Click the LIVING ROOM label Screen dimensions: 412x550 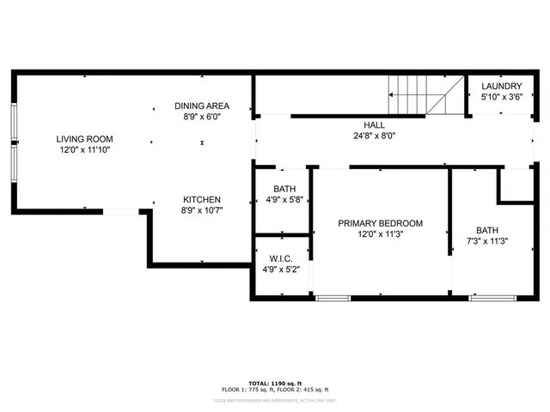84,138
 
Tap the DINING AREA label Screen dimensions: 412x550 202,106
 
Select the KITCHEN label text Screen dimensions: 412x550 202,199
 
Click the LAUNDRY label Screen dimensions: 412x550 501,87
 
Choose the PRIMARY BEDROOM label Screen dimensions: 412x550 380,223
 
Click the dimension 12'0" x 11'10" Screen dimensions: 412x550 84,149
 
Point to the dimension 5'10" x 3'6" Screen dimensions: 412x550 501,97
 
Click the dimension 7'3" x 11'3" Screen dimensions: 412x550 487,241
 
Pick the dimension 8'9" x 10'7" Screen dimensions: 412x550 202,210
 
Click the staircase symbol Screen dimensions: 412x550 426,95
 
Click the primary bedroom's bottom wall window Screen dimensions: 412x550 333,298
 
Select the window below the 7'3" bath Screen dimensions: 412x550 492,298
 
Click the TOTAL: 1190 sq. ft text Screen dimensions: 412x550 275,383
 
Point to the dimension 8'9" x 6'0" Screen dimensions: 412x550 202,117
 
